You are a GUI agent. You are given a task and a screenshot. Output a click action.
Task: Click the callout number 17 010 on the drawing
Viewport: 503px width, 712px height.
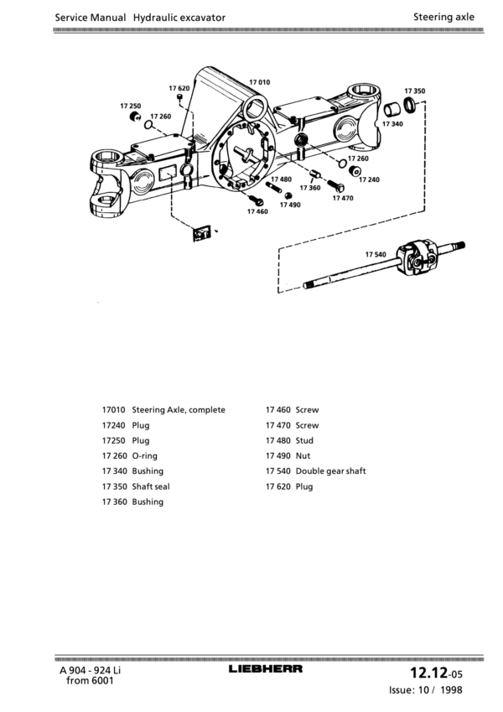260,82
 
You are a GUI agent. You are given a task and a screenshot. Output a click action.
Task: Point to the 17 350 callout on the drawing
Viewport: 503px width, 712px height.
415,91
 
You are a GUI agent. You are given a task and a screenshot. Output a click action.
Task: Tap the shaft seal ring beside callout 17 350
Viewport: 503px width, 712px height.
409,106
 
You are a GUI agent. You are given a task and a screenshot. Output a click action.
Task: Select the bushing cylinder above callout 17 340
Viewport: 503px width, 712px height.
392,110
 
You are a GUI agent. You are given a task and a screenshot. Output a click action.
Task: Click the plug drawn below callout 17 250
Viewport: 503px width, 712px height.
135,117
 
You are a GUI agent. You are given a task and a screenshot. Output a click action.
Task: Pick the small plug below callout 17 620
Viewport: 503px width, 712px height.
179,98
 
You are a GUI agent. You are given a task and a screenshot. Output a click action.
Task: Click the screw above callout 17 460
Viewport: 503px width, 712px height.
257,200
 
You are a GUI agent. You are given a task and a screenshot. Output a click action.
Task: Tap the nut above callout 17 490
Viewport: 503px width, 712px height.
288,195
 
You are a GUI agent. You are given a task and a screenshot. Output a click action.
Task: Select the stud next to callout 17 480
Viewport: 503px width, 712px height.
274,187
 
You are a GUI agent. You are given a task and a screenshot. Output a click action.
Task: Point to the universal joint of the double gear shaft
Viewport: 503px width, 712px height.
417,257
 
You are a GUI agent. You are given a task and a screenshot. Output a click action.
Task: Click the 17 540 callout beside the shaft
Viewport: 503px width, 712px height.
376,254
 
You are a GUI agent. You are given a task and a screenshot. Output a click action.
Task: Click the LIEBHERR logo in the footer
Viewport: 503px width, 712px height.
266,668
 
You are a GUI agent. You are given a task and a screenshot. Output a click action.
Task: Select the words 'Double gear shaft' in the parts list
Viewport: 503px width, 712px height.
330,470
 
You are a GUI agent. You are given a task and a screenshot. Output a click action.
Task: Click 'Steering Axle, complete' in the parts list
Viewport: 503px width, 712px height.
179,410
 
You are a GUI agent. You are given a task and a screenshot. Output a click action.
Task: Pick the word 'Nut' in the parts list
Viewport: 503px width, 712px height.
303,455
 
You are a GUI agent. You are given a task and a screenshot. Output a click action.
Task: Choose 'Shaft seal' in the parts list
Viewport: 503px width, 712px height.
151,486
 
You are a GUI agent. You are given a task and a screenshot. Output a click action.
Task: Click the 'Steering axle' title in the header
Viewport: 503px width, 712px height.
443,17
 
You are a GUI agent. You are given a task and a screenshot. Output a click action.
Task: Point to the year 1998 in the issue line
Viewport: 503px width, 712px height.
451,689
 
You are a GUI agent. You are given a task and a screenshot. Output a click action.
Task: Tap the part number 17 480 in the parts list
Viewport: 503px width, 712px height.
277,440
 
